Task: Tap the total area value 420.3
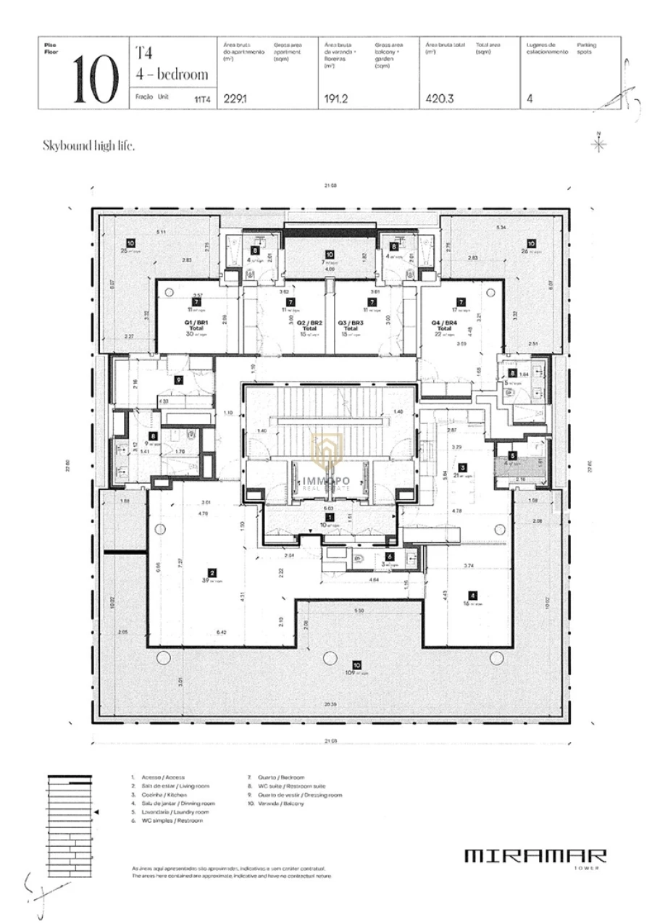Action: coord(440,99)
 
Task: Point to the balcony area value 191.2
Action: coord(336,99)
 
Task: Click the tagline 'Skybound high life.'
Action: coord(88,146)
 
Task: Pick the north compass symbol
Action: coord(599,143)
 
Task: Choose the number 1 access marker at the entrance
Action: coord(329,517)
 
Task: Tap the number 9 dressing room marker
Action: coord(177,379)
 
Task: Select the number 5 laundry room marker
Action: coord(512,456)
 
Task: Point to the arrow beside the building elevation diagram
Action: coord(97,813)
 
